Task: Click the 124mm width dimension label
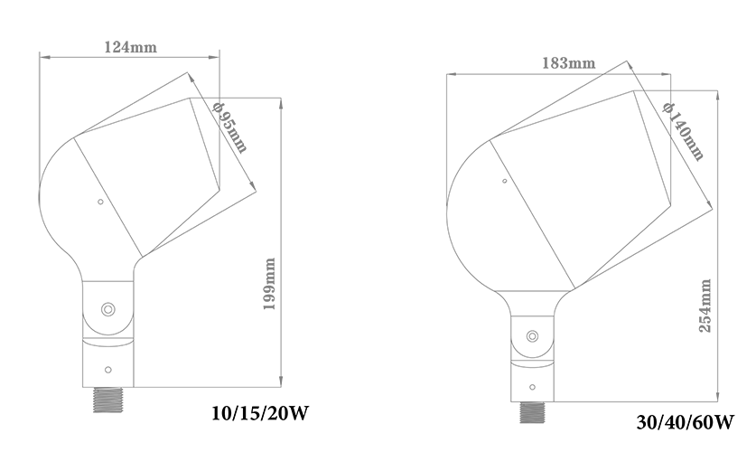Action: pyautogui.click(x=130, y=47)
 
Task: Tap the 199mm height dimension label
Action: pyautogui.click(x=270, y=284)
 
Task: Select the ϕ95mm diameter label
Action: pyautogui.click(x=230, y=127)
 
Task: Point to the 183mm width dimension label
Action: pyautogui.click(x=568, y=63)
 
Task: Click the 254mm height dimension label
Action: pyautogui.click(x=705, y=306)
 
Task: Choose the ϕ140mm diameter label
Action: pyautogui.click(x=684, y=131)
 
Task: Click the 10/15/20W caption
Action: pyautogui.click(x=259, y=413)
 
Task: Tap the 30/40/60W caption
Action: pyautogui.click(x=686, y=422)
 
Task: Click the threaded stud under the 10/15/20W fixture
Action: pyautogui.click(x=108, y=400)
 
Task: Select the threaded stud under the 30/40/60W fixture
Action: pyautogui.click(x=532, y=412)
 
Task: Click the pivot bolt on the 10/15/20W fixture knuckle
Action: pyautogui.click(x=107, y=309)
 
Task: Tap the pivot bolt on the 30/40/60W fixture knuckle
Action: pyautogui.click(x=532, y=335)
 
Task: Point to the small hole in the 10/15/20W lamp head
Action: pyautogui.click(x=100, y=202)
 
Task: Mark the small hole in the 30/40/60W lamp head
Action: pyautogui.click(x=505, y=181)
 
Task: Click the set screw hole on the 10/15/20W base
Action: pyautogui.click(x=108, y=370)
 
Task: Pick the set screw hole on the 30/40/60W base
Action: pyautogui.click(x=532, y=387)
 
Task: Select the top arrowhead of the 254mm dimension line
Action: pyautogui.click(x=718, y=96)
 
